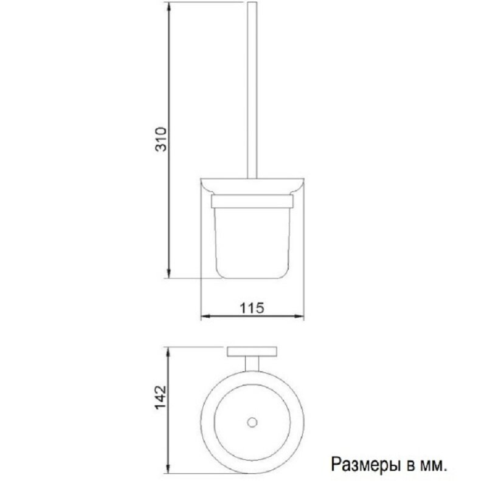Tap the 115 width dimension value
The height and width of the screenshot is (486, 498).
click(x=252, y=308)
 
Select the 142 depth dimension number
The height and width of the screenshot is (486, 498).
click(x=160, y=398)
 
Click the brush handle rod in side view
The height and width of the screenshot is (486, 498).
click(x=251, y=91)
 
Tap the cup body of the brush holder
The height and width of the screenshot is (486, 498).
click(x=252, y=240)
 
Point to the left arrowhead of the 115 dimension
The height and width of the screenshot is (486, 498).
click(x=204, y=317)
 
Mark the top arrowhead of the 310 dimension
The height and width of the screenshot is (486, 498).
click(x=168, y=5)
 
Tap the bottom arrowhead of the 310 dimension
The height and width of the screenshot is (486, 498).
click(x=168, y=275)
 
